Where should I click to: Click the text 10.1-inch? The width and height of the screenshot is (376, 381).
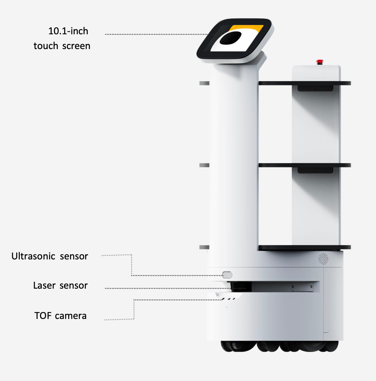click(x=68, y=31)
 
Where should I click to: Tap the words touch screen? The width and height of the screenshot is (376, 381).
click(x=62, y=46)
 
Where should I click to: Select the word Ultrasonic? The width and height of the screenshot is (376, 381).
click(x=33, y=257)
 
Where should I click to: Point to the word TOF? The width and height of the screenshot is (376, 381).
click(x=43, y=316)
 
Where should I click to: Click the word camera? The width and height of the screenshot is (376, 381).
click(x=71, y=316)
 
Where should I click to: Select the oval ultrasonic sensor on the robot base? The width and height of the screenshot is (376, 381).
click(x=227, y=275)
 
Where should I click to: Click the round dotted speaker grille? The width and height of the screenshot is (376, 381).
click(x=324, y=258)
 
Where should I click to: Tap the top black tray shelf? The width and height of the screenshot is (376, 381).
click(x=304, y=83)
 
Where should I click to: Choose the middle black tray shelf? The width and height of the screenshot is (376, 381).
click(x=304, y=165)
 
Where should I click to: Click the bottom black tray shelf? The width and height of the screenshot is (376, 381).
click(x=304, y=248)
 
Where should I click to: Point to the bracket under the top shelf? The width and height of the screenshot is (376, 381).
click(x=314, y=88)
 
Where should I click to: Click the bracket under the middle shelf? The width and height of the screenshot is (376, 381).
click(x=314, y=170)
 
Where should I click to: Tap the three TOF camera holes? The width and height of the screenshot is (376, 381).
click(x=228, y=299)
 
